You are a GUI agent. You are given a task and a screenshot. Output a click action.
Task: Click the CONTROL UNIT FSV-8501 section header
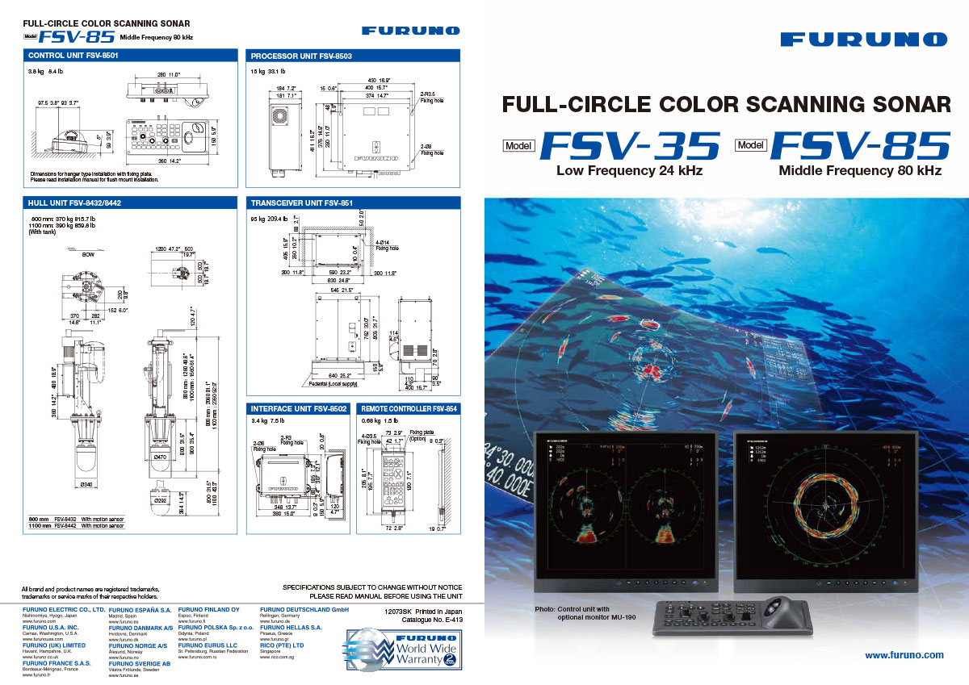(73, 56)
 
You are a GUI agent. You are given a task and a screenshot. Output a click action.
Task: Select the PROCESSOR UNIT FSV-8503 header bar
(301, 56)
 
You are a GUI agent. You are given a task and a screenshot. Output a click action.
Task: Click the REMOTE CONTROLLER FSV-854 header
(409, 409)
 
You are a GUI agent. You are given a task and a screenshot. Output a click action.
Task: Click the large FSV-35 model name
(629, 147)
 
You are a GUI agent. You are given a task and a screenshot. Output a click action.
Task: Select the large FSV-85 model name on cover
(859, 147)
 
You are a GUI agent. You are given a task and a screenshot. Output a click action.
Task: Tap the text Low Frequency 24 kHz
(629, 171)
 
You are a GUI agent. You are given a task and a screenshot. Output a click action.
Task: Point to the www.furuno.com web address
(904, 656)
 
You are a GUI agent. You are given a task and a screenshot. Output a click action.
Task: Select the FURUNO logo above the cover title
(863, 39)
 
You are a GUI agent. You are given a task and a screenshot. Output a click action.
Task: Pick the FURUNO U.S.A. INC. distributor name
(50, 627)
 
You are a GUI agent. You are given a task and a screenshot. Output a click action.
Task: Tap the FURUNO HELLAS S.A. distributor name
(291, 627)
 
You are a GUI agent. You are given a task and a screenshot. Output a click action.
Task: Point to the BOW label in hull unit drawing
(90, 254)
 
